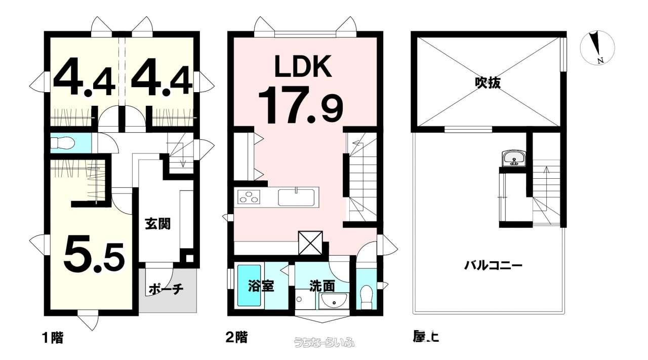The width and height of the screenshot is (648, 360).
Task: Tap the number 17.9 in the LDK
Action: pyautogui.click(x=301, y=105)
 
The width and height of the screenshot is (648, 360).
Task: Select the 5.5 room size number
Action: pyautogui.click(x=94, y=254)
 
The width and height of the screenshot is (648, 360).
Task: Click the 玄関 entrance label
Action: pyautogui.click(x=157, y=224)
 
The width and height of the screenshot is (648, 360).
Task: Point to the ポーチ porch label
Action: pyautogui.click(x=165, y=290)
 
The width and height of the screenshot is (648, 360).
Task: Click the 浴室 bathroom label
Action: pyautogui.click(x=261, y=286)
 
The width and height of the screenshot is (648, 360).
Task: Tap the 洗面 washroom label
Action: pyautogui.click(x=322, y=286)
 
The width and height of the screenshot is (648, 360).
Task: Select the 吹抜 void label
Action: pyautogui.click(x=488, y=83)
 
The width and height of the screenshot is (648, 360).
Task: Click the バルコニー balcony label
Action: pyautogui.click(x=493, y=265)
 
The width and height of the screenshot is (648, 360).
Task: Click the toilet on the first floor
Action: pyautogui.click(x=63, y=144)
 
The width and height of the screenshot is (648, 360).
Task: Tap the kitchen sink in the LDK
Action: pyautogui.click(x=296, y=196)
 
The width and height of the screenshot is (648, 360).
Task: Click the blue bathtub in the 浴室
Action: pyautogui.click(x=249, y=285)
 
